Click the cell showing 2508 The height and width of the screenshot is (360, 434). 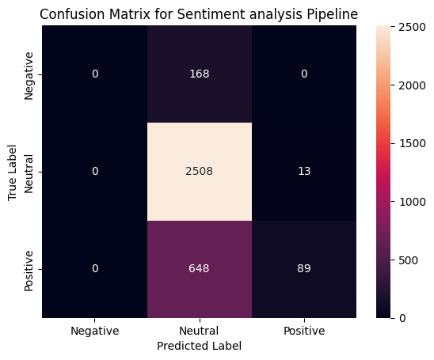(199, 172)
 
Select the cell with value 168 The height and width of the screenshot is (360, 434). (199, 74)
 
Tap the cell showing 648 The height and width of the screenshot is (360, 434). (199, 269)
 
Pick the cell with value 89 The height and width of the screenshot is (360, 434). (304, 269)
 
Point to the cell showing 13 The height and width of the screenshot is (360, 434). (304, 172)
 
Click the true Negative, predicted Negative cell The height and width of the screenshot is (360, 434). (94, 74)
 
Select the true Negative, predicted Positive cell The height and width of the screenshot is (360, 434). (304, 74)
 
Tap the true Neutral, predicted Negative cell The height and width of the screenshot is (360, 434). (94, 172)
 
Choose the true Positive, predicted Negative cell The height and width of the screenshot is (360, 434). (94, 269)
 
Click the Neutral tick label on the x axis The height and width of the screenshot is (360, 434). (199, 332)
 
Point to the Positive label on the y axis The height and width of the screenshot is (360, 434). (29, 269)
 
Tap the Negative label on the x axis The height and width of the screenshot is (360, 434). (94, 332)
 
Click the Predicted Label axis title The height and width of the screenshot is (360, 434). (199, 346)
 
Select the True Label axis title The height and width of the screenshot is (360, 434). (13, 172)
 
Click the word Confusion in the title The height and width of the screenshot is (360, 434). (69, 13)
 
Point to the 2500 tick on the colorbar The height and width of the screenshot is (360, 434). (413, 26)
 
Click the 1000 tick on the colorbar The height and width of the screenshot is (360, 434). (413, 201)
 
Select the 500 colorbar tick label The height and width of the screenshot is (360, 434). (410, 260)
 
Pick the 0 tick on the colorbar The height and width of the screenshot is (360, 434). (405, 317)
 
